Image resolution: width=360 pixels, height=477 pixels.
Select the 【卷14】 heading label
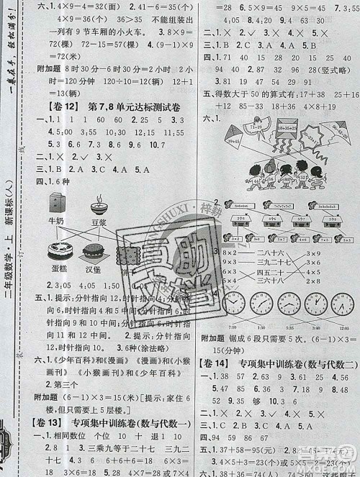tap(215, 353)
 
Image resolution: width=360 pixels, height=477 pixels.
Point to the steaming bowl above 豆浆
tap(99, 208)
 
